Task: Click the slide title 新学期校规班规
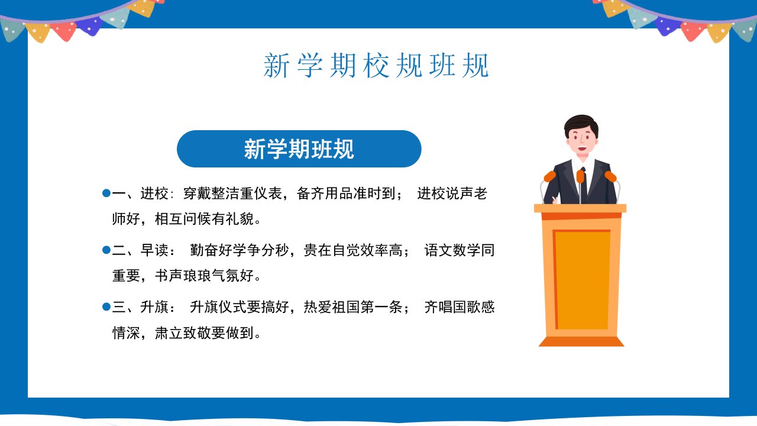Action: tap(376, 66)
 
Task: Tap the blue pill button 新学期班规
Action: tap(299, 149)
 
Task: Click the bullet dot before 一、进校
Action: tap(106, 193)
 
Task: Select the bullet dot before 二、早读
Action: tap(106, 250)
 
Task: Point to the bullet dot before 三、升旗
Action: tap(106, 307)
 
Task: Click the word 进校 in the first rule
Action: tap(154, 193)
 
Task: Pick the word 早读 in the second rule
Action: tap(154, 250)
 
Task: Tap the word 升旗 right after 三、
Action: tap(154, 307)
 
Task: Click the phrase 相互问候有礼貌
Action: tap(204, 219)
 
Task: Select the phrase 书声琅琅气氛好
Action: tap(204, 276)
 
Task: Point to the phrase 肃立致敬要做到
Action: tap(204, 333)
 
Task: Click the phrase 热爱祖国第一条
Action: tap(353, 307)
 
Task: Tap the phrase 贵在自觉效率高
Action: tap(353, 250)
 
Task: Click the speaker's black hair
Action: tap(581, 124)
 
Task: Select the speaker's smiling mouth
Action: tap(582, 149)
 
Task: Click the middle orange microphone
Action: tap(581, 176)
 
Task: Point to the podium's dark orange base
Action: tap(581, 341)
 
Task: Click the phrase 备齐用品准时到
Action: tap(346, 193)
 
